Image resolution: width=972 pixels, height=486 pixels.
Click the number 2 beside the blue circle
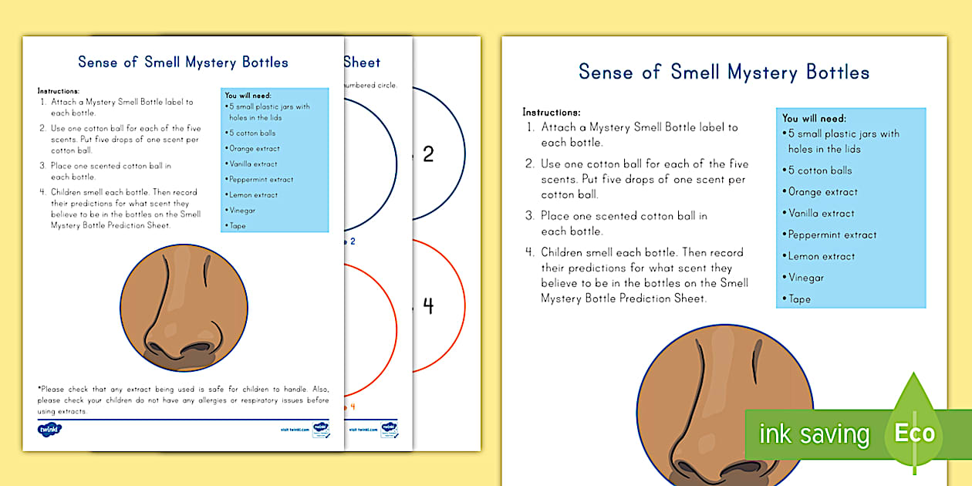[428, 154]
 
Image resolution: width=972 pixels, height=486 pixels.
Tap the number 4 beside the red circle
[428, 306]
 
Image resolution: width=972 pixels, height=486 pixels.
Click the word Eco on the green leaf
[914, 433]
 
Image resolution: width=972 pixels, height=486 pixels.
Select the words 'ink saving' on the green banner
[814, 434]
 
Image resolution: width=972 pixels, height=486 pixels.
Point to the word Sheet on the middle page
[362, 62]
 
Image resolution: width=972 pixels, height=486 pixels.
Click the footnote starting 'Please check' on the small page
[183, 400]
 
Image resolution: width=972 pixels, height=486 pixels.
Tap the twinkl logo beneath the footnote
[50, 429]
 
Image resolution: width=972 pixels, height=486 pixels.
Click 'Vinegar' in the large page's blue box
[806, 278]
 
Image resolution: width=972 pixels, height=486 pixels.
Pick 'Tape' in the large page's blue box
[800, 299]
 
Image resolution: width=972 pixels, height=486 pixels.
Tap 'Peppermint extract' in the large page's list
[832, 235]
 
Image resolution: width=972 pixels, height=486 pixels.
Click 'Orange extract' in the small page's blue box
[255, 148]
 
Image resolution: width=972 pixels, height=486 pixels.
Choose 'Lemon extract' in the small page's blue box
[253, 195]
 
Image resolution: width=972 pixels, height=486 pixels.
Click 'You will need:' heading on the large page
[814, 118]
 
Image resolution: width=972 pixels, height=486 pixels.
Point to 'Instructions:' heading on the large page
[552, 112]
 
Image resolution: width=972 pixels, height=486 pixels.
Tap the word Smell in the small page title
[163, 62]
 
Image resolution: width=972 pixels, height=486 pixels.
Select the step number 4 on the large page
[530, 252]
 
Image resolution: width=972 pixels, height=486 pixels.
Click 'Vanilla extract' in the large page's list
[822, 213]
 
